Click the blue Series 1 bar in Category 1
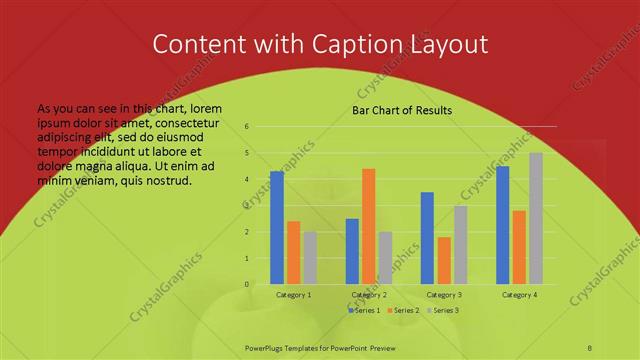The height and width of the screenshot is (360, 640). pos(277,228)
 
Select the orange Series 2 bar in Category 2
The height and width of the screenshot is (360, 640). pos(368,226)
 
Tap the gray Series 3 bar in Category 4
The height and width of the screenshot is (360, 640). pos(536,218)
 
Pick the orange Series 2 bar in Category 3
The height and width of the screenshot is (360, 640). pos(444,260)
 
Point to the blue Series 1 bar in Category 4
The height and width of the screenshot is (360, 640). pos(503,225)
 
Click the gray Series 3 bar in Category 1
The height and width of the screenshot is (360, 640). pos(310,258)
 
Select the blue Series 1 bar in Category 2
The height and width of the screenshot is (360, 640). pos(352,251)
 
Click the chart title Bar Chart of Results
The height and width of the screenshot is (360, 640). pos(402,110)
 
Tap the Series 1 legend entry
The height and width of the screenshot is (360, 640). pos(363,311)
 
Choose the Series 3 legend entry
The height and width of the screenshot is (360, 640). pos(443,311)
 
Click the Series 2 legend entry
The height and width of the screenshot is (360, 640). pos(403,311)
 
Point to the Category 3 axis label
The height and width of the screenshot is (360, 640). pos(444,295)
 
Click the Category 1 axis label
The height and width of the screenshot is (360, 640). pos(293,295)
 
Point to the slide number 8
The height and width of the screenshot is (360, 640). pos(590,345)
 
